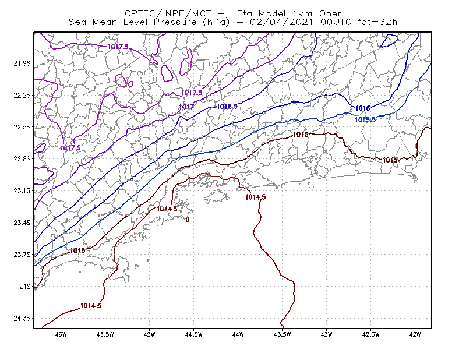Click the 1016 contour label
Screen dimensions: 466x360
pos(362,108)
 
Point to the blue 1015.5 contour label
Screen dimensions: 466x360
pos(365,119)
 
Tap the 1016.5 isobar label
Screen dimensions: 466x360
pos(227,106)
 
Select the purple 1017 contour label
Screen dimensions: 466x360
pos(186,107)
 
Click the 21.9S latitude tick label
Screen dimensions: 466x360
pos(22,63)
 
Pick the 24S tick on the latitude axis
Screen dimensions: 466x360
pos(24,287)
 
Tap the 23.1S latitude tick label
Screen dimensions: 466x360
pos(22,191)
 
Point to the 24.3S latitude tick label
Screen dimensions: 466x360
pos(22,319)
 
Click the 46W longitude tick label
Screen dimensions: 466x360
pos(61,334)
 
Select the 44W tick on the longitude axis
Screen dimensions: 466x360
pos(238,334)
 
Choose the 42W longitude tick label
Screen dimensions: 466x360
pos(415,334)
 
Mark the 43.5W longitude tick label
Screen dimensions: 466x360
pos(283,334)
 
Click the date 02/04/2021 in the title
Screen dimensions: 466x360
pos(281,22)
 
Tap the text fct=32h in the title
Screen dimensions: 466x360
pos(377,22)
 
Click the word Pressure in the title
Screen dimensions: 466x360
pos(175,22)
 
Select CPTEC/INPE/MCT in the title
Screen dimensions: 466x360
pos(168,13)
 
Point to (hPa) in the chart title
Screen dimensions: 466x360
pos(216,23)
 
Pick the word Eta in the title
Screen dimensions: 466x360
pos(245,13)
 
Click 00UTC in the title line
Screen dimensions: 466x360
pos(336,22)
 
